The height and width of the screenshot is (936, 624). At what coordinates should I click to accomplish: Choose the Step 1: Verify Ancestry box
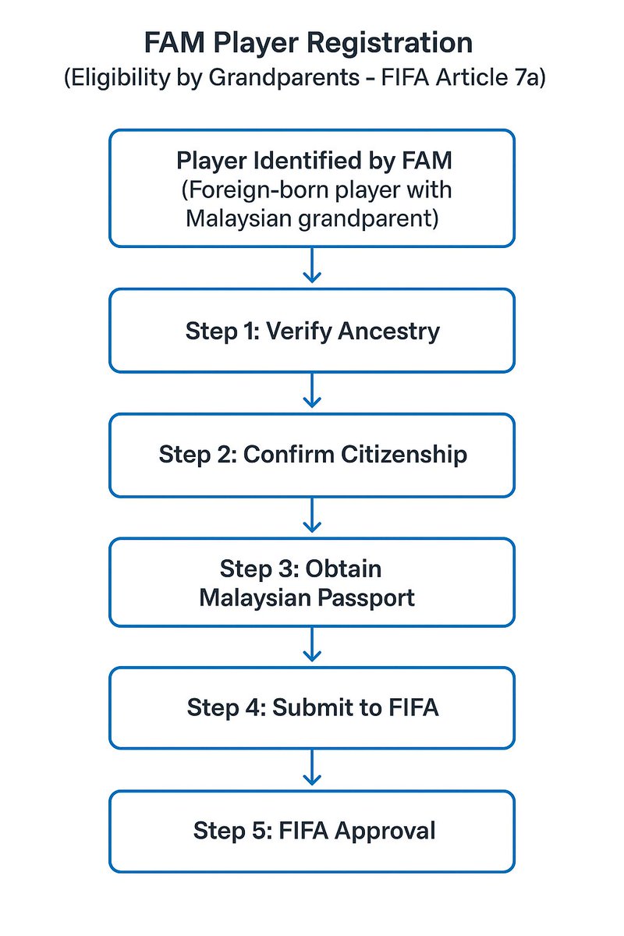312,331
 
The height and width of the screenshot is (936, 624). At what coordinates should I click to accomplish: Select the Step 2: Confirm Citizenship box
312,455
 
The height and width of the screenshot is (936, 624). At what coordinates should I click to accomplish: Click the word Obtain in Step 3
343,569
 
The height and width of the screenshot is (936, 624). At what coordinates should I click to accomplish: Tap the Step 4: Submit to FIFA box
312,707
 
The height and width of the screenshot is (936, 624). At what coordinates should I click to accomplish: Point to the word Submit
309,707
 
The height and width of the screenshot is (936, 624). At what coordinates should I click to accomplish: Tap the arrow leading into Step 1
312,267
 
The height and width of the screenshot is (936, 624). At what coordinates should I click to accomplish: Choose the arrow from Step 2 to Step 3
312,516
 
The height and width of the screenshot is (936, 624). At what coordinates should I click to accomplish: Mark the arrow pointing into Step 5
312,769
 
